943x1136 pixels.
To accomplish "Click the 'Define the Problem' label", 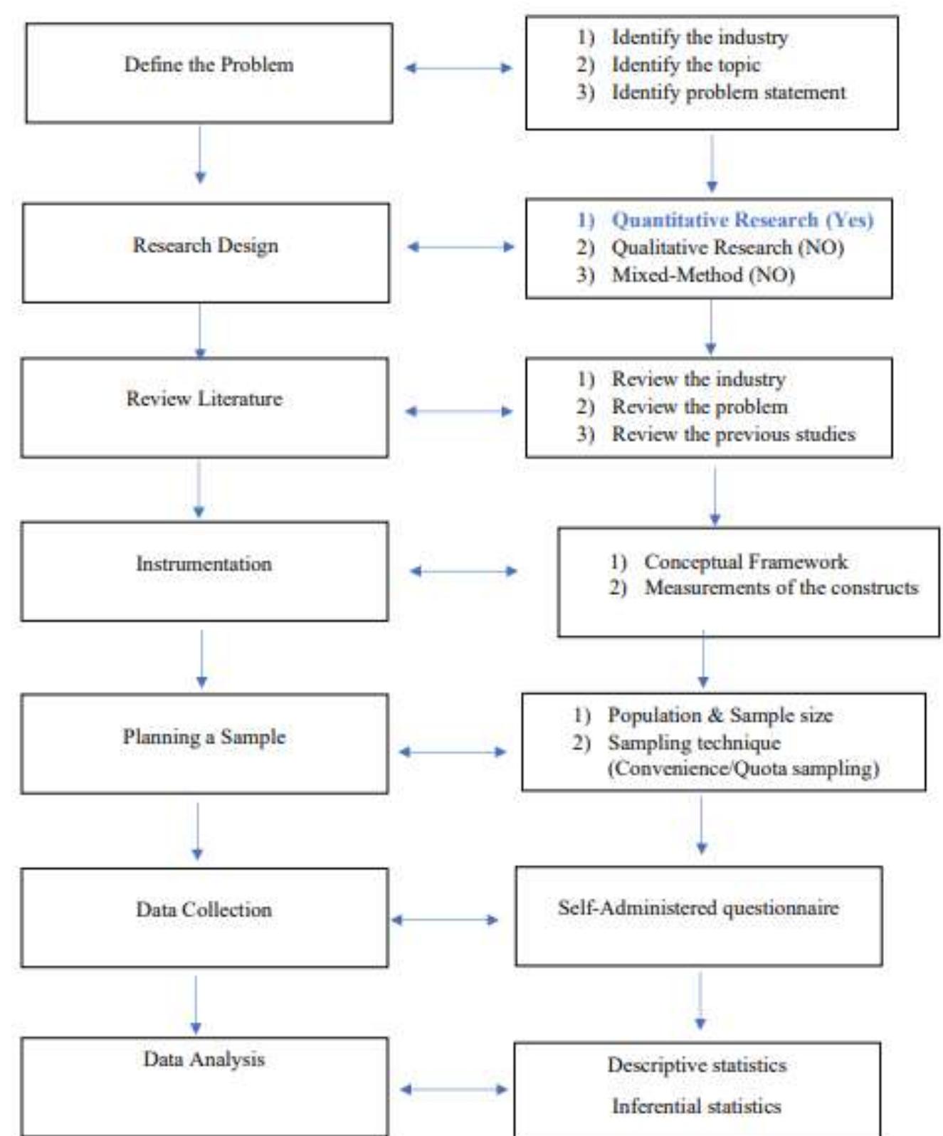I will coord(209,65).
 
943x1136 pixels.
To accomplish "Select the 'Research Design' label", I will coord(205,246).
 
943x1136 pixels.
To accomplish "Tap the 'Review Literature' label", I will coord(204,399).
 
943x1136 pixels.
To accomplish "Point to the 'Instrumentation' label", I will coord(204,564).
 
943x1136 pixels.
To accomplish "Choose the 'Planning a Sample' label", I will coord(204,737).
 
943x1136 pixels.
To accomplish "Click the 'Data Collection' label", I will coord(204,910).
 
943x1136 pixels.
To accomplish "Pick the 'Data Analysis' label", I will coord(204,1059).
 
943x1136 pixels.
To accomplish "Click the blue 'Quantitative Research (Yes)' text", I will coord(742,220).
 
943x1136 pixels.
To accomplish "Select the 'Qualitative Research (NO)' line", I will coord(727,248).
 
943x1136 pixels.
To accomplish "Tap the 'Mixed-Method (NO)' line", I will coord(702,275).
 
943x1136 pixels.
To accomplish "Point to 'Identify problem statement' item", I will coord(728,93).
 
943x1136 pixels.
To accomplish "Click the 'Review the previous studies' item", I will coord(733,434).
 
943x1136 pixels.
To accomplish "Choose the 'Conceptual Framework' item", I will coord(745,562).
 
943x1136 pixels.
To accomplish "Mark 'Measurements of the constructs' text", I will coord(781,588).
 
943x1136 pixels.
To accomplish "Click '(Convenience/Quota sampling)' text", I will coord(743,769).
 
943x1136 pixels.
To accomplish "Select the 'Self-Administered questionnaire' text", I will coord(697,908).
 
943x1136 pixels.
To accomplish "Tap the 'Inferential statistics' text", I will coord(696,1106).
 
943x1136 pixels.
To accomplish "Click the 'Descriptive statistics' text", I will coord(696,1066).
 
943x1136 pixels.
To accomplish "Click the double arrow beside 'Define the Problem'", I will coord(458,68).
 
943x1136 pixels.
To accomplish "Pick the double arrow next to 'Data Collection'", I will coord(445,920).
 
